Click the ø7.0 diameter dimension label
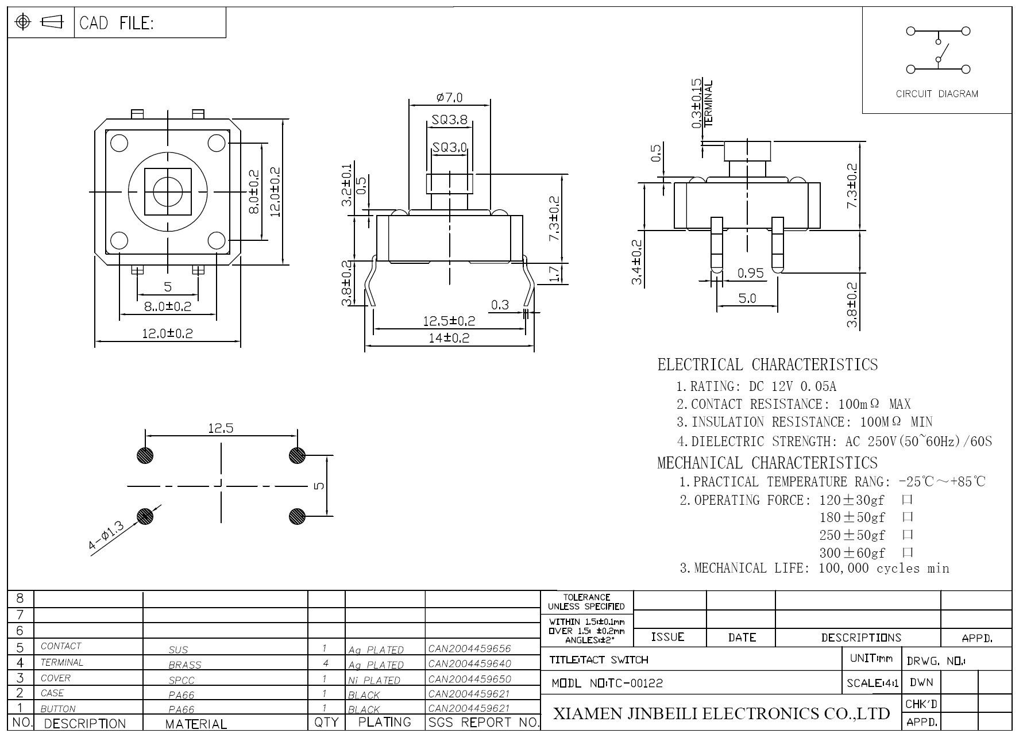coord(449,98)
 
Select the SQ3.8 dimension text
coord(450,120)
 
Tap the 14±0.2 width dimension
coord(449,338)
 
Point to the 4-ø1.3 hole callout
coord(107,536)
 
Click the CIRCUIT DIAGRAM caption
coord(937,94)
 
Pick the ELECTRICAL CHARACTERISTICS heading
coord(767,364)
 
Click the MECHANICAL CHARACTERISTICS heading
coord(767,463)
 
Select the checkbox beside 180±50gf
coord(908,517)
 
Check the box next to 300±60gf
coord(908,553)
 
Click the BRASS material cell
coord(185,665)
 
